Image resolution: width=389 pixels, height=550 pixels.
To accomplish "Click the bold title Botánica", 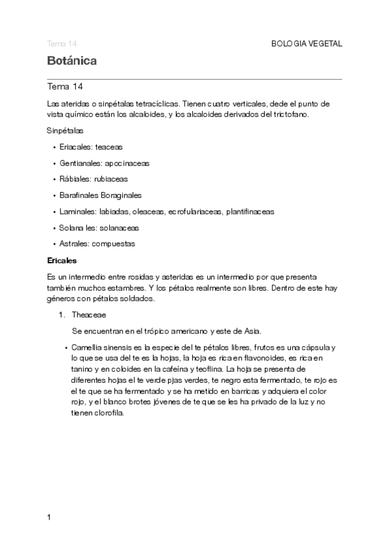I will pos(72,61).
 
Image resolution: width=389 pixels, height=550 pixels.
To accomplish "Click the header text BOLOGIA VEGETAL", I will pos(306,43).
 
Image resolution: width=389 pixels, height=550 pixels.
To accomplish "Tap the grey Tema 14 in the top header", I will pos(62,43).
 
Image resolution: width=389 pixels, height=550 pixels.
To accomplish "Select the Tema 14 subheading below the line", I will pos(65,86).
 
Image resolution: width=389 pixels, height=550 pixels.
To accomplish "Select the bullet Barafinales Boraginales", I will pos(100,195).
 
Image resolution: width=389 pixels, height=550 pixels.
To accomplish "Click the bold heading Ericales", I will pos(62,260).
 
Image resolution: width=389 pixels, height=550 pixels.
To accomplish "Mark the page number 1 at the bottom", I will pos(49,518).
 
